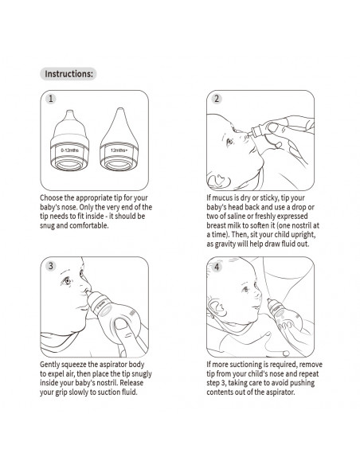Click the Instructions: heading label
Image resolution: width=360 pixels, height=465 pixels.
point(68,74)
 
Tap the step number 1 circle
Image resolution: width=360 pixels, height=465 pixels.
point(50,100)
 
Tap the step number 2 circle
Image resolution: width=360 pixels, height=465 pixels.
point(216,100)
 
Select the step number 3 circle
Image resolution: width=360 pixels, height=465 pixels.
point(50,265)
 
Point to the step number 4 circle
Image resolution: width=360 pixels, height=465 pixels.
point(216,265)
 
